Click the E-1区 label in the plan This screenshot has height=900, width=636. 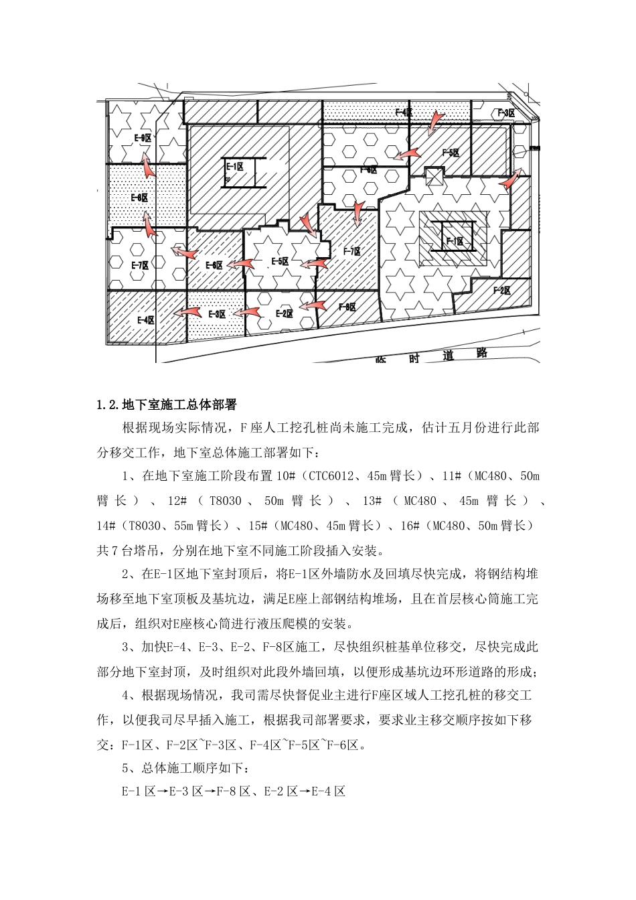234,166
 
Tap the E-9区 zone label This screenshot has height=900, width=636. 143,138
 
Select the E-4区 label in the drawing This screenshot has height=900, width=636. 146,320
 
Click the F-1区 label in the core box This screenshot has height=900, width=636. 455,241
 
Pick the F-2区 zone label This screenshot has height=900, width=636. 502,291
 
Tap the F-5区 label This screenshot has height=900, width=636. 451,153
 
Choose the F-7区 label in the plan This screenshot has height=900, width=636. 352,252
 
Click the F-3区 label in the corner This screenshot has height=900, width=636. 505,112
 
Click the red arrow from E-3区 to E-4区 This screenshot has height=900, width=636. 188,313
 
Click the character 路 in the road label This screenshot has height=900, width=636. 481,354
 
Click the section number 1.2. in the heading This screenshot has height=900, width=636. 108,405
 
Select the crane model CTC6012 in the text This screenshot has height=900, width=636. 330,477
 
